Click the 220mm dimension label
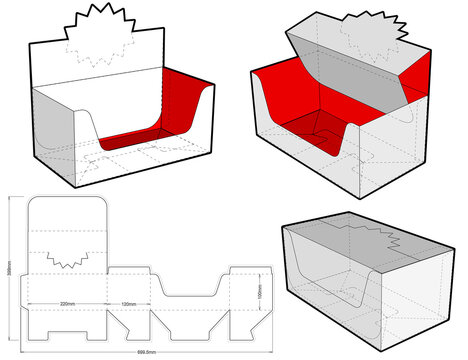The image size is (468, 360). [x=67, y=303]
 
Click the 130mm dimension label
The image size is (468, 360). [x=129, y=303]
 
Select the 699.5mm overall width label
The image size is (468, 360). [x=146, y=353]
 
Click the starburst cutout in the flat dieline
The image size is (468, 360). [x=67, y=252]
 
